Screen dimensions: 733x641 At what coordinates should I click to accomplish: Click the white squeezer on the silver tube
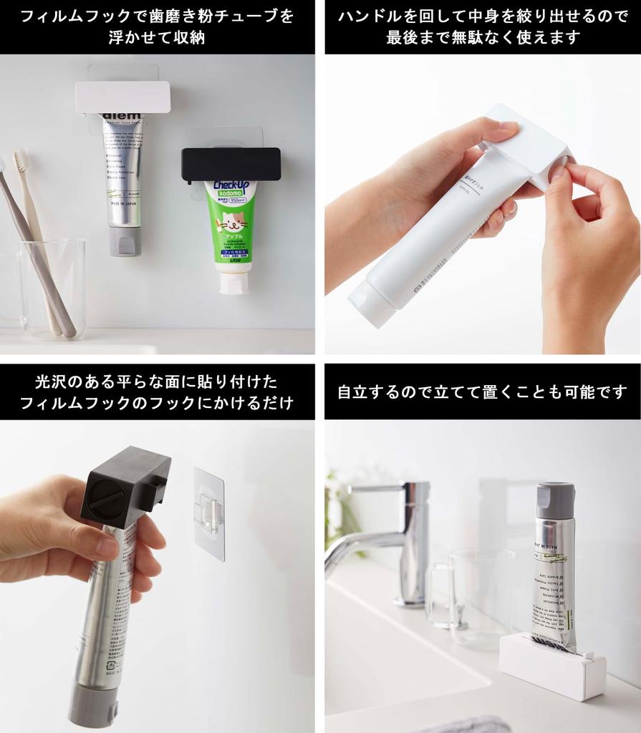[x=122, y=97]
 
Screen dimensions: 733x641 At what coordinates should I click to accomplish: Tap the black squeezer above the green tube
[x=230, y=165]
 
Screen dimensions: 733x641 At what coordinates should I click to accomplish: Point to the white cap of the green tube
[x=234, y=283]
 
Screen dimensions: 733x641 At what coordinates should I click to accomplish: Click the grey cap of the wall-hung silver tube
[x=125, y=241]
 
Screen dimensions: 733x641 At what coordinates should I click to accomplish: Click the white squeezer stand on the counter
[x=551, y=665]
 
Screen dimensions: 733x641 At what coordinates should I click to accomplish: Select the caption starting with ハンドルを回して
[x=482, y=27]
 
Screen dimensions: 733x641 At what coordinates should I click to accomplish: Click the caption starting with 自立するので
[x=482, y=392]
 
